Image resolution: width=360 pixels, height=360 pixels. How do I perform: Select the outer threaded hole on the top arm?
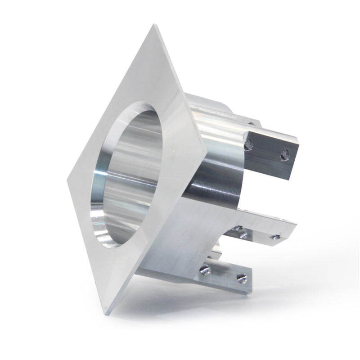coord(284,156)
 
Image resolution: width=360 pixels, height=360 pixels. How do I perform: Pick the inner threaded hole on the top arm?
coord(248,145)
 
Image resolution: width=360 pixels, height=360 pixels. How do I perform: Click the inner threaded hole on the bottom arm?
coord(205,270)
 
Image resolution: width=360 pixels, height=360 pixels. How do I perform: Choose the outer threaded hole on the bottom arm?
coord(242,279)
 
